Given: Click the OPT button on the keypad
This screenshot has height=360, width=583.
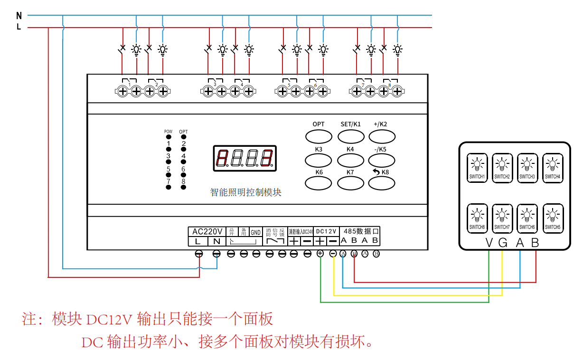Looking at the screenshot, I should click(x=318, y=136).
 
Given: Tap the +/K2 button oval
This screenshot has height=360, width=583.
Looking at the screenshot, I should click(x=382, y=136).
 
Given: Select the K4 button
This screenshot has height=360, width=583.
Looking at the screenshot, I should click(x=350, y=160).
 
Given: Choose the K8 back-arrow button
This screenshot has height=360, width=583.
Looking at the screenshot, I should click(x=382, y=183).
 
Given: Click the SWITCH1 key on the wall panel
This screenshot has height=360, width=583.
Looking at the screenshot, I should click(x=477, y=168).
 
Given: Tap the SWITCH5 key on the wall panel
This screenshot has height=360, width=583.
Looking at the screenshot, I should click(x=552, y=218).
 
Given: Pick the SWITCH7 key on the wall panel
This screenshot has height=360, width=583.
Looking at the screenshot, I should click(x=502, y=218).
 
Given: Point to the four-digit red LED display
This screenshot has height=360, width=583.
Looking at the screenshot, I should click(x=244, y=158).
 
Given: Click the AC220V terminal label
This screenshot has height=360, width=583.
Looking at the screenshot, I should click(x=207, y=232).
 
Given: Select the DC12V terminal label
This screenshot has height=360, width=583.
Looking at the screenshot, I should click(x=326, y=231).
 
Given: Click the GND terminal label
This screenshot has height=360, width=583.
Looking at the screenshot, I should click(x=256, y=232).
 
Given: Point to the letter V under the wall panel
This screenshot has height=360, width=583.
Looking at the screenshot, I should click(x=489, y=243).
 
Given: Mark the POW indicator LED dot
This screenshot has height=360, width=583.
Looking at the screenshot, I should click(x=168, y=137).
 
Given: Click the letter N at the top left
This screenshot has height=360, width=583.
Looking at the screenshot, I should click(x=19, y=16).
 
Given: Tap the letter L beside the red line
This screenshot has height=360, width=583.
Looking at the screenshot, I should click(x=19, y=27).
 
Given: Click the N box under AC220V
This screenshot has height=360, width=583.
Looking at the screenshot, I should click(x=216, y=241).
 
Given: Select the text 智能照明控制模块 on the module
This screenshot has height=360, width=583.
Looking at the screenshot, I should click(x=245, y=192).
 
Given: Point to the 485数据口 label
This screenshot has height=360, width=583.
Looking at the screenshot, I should click(x=361, y=231).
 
